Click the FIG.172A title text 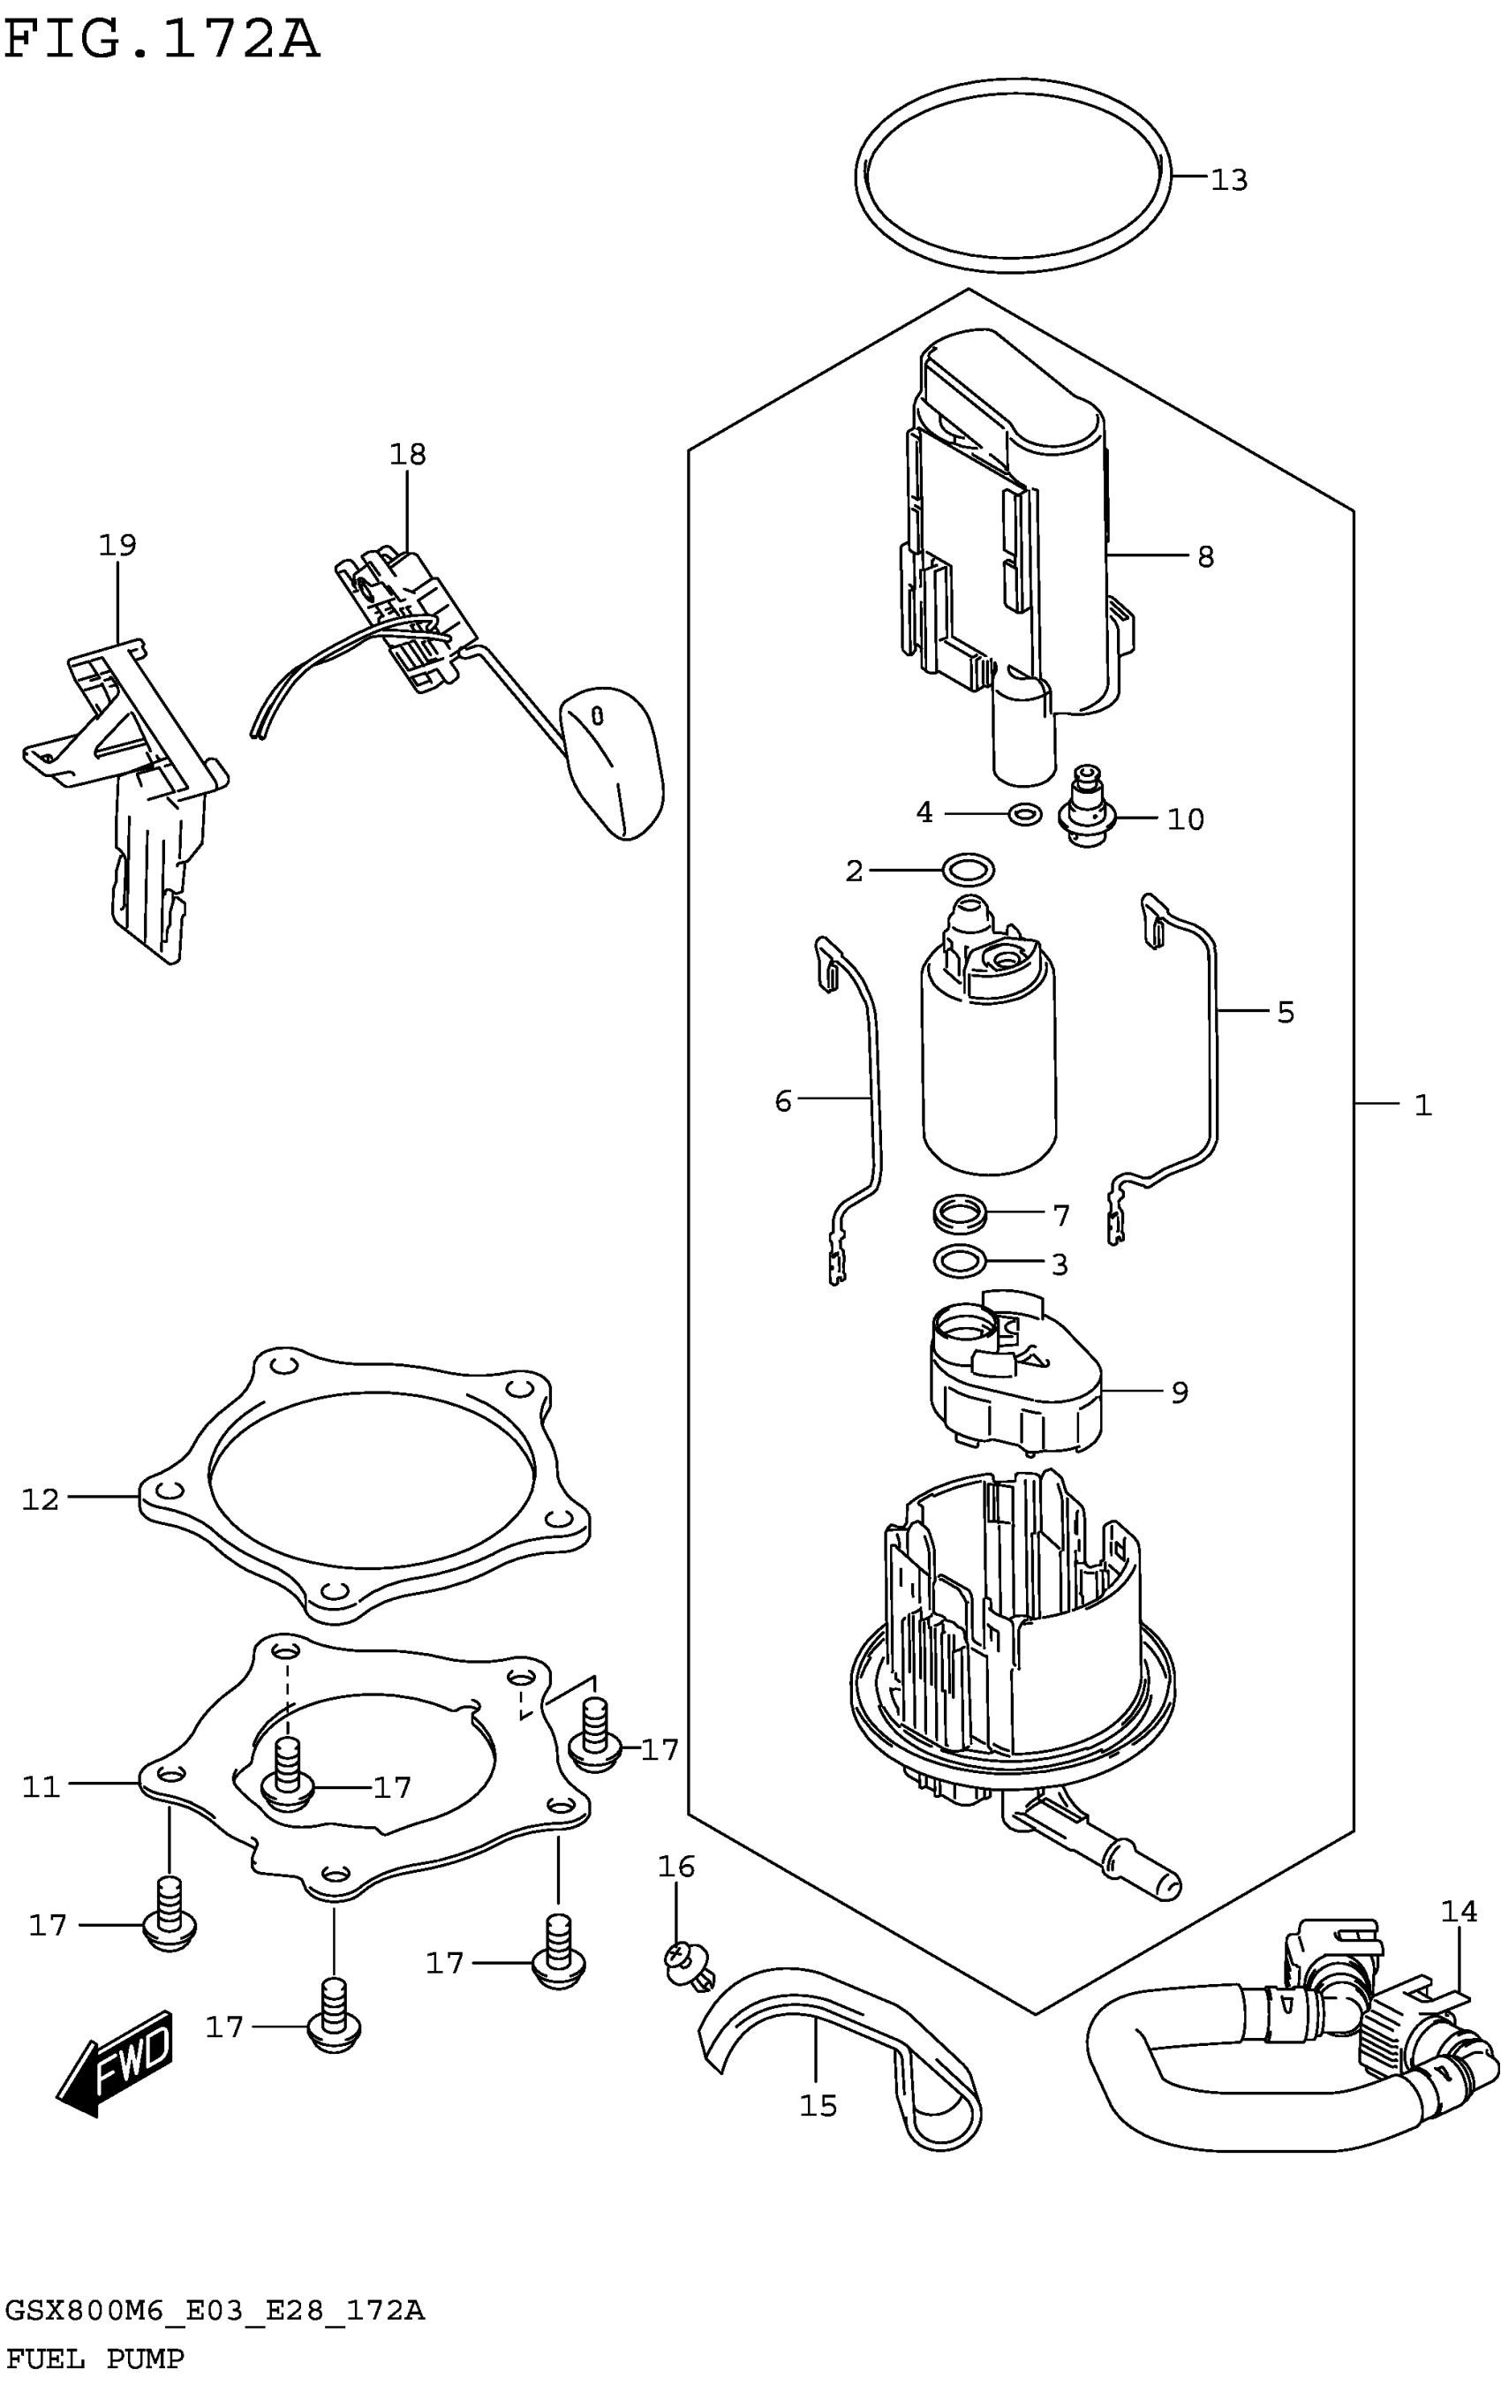(x=162, y=42)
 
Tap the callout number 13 (x=1229, y=180)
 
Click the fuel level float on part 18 (x=612, y=762)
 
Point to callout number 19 (x=117, y=545)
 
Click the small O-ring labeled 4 (x=1023, y=814)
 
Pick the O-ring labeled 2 (x=969, y=871)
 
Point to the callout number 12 (x=41, y=1499)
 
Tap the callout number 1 (x=1422, y=1105)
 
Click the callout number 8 (x=1205, y=556)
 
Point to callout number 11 (x=41, y=1787)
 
